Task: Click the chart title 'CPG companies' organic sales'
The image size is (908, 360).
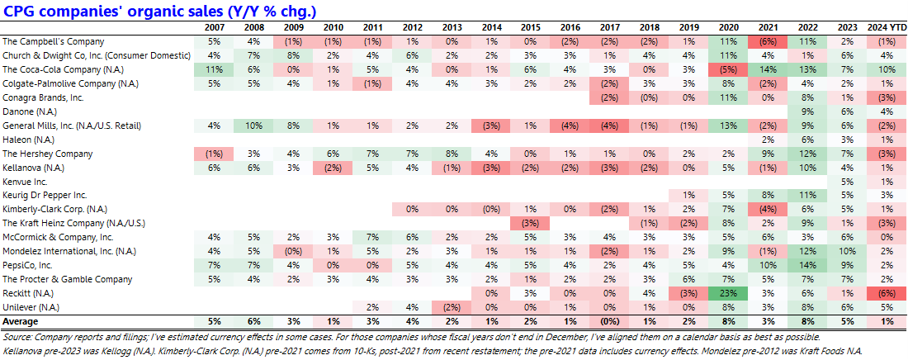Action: pos(163,12)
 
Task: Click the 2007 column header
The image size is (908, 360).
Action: pos(214,27)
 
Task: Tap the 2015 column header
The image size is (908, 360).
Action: pos(530,27)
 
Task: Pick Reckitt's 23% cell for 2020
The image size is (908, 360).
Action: pos(727,292)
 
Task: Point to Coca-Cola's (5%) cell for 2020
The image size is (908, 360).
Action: pos(727,69)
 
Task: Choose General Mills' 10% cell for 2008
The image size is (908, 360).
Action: pos(253,126)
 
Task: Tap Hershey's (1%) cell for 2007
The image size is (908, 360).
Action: pos(214,154)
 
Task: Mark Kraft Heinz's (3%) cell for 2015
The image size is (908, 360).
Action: pos(530,223)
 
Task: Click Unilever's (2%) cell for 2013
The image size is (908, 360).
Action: pos(451,306)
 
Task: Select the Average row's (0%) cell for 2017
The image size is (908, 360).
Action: pos(609,320)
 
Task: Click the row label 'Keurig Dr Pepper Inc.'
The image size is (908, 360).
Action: pos(45,195)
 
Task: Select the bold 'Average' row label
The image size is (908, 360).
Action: pos(21,320)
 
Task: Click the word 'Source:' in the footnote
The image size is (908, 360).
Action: pos(18,337)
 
